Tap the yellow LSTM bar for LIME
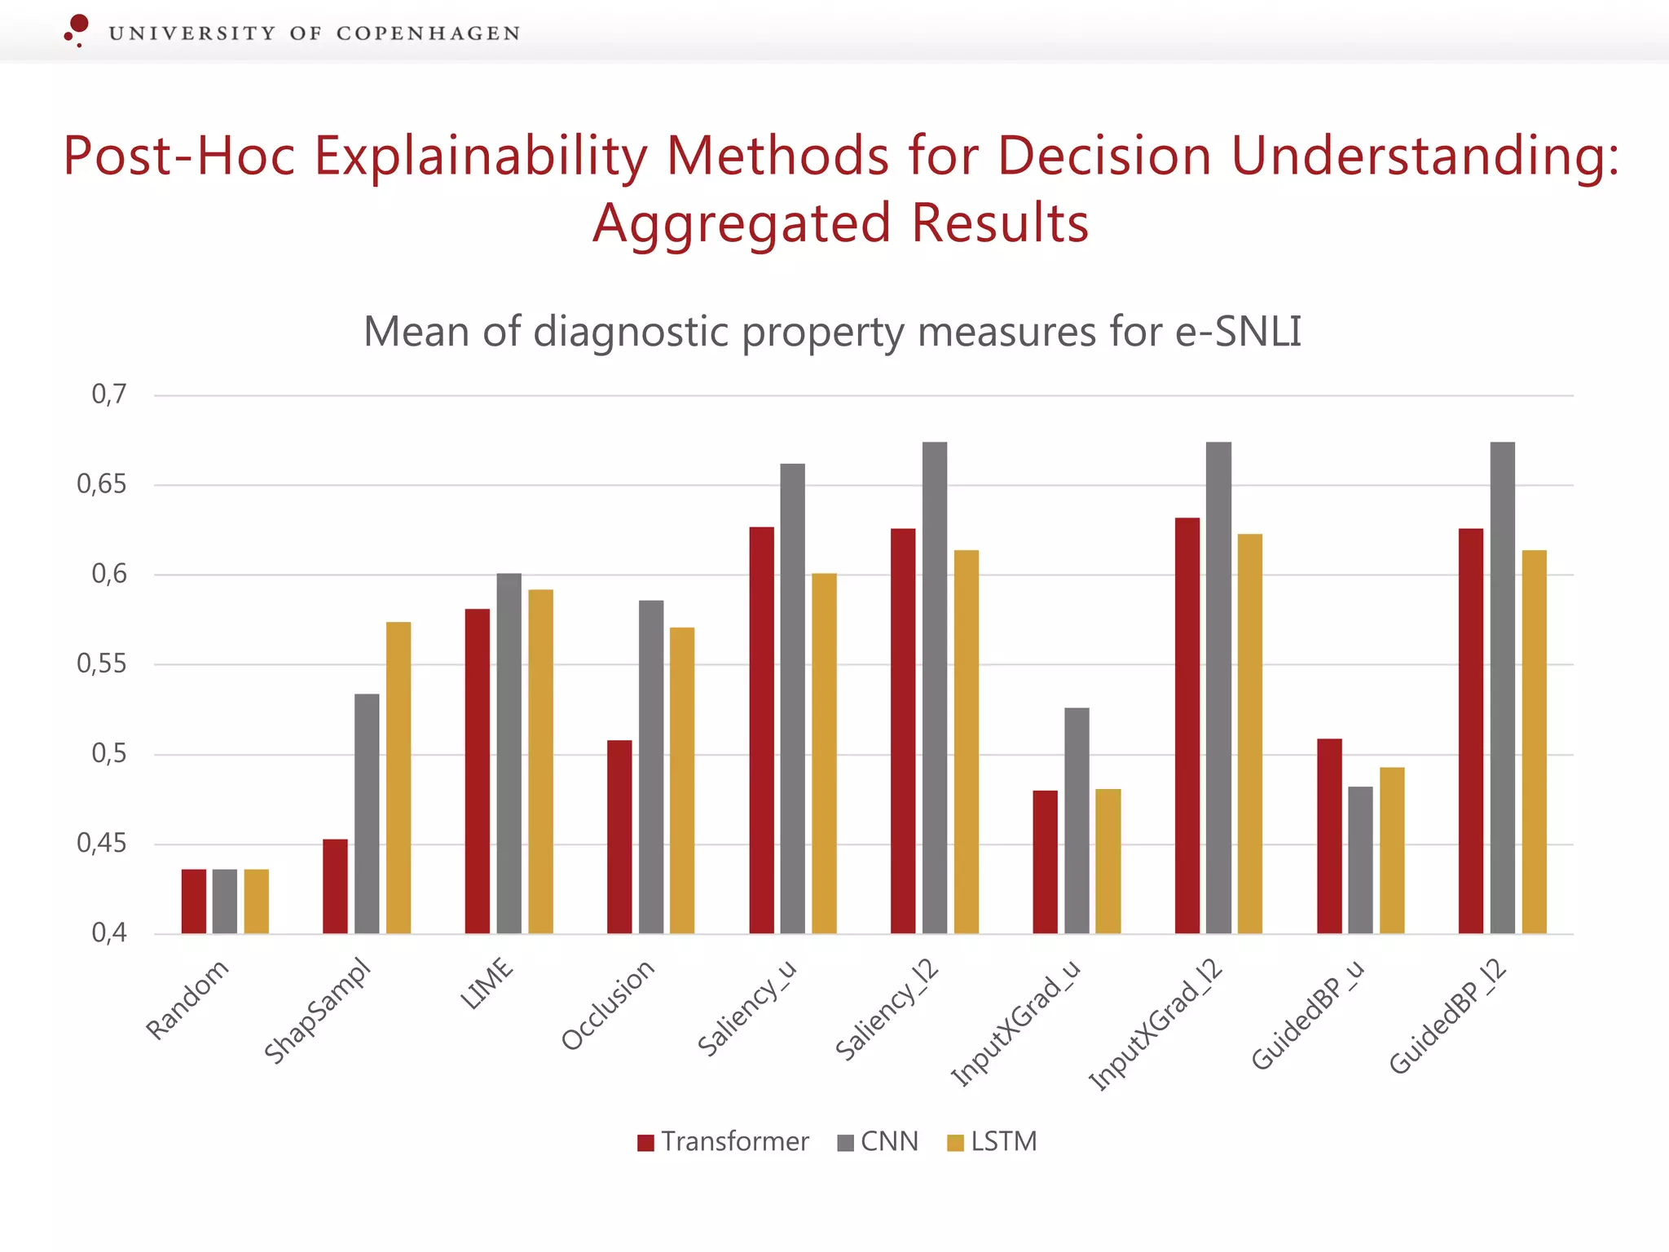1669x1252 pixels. (540, 761)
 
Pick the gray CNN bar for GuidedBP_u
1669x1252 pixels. (1360, 860)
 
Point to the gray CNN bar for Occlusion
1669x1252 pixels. (651, 766)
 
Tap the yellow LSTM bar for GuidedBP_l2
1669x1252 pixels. (1534, 742)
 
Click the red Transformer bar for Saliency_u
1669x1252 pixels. (761, 730)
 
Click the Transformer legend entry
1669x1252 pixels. (724, 1141)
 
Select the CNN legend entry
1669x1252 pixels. (879, 1141)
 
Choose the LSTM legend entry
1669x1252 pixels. (993, 1141)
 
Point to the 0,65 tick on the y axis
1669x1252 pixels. (102, 484)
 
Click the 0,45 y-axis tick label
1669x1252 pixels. (102, 843)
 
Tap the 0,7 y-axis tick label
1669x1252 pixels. (109, 395)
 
